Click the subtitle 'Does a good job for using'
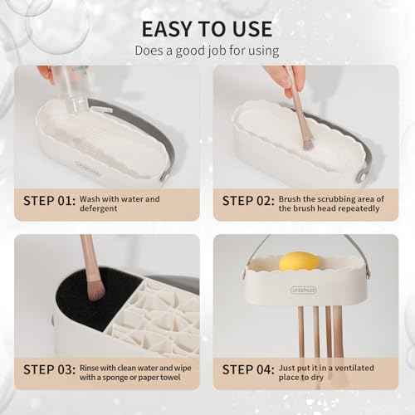pos(207,51)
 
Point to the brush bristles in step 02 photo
pos(306,141)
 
